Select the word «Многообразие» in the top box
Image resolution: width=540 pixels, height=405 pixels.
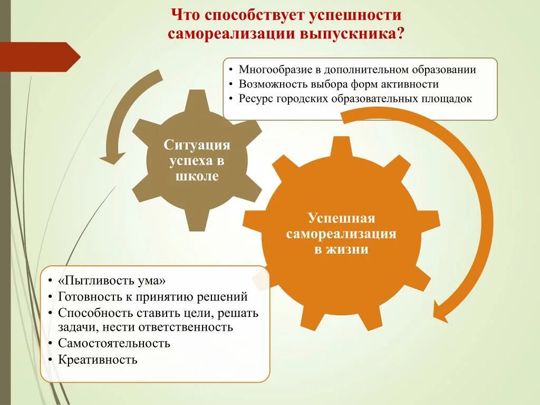pos(272,70)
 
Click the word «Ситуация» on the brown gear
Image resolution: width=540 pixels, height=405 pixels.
pos(197,145)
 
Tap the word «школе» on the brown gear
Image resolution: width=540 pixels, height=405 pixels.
pos(197,176)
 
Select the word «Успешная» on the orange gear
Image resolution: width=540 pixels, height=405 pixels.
pos(341,218)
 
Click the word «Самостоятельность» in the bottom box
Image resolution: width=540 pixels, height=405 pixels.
pos(114,343)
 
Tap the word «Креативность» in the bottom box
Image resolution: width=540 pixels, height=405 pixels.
pos(98,360)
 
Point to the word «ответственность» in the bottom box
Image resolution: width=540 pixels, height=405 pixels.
pos(186,327)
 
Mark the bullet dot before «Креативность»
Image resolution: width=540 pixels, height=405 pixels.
pos(49,360)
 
